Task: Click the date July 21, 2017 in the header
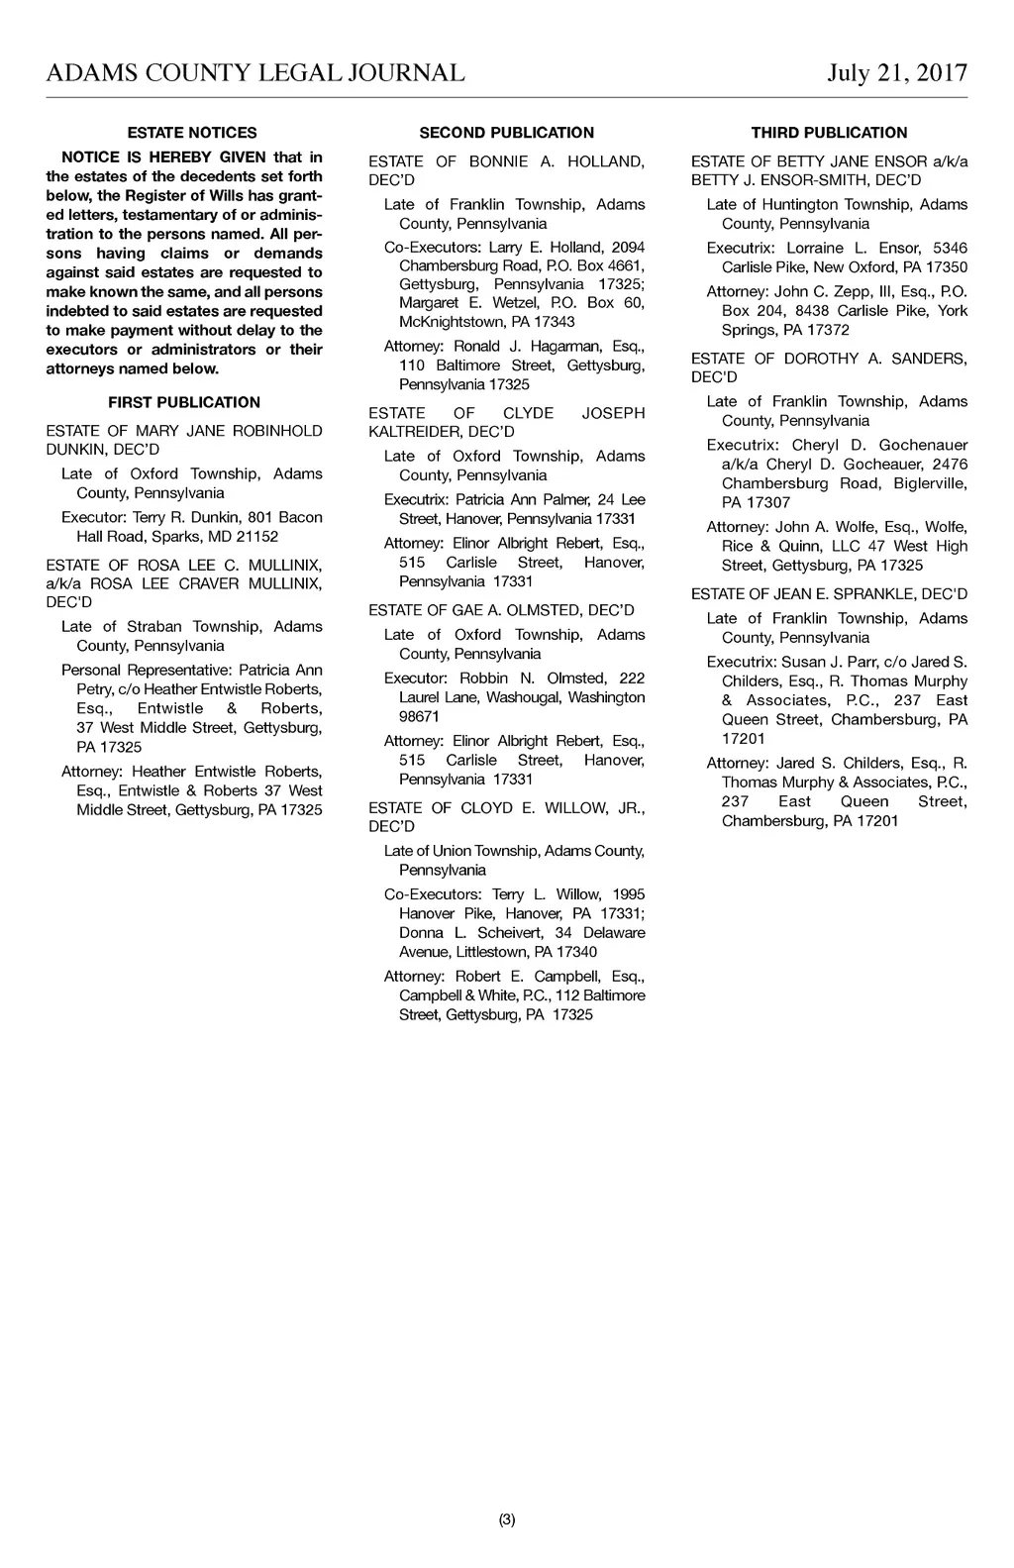pos(897,73)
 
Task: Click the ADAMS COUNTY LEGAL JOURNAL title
pos(255,73)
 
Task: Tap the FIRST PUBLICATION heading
pos(184,402)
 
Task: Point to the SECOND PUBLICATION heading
pos(507,133)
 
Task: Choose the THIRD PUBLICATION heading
pos(829,133)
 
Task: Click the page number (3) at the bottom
pos(507,1519)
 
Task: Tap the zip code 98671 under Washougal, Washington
pos(419,717)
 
